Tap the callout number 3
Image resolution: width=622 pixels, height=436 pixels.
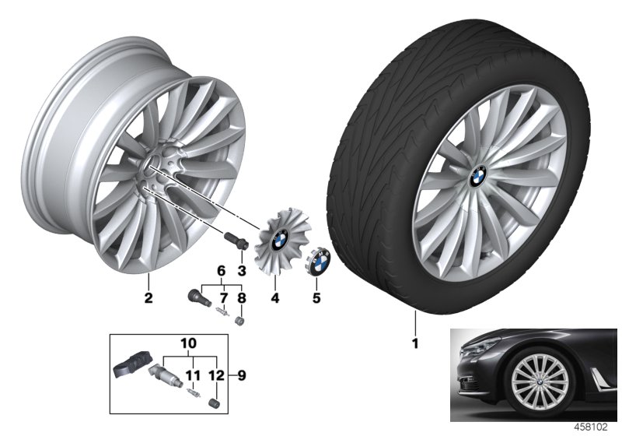click(241, 270)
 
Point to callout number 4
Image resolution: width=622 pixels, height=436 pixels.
click(274, 297)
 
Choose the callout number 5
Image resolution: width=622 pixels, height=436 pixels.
click(315, 297)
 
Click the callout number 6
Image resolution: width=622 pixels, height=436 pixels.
click(220, 270)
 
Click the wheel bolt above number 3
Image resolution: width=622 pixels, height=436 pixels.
click(234, 241)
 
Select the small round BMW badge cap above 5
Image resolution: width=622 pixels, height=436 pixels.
click(319, 261)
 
